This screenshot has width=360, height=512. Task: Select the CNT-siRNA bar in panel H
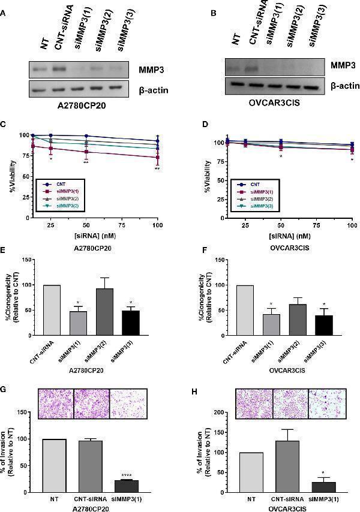tap(290, 466)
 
